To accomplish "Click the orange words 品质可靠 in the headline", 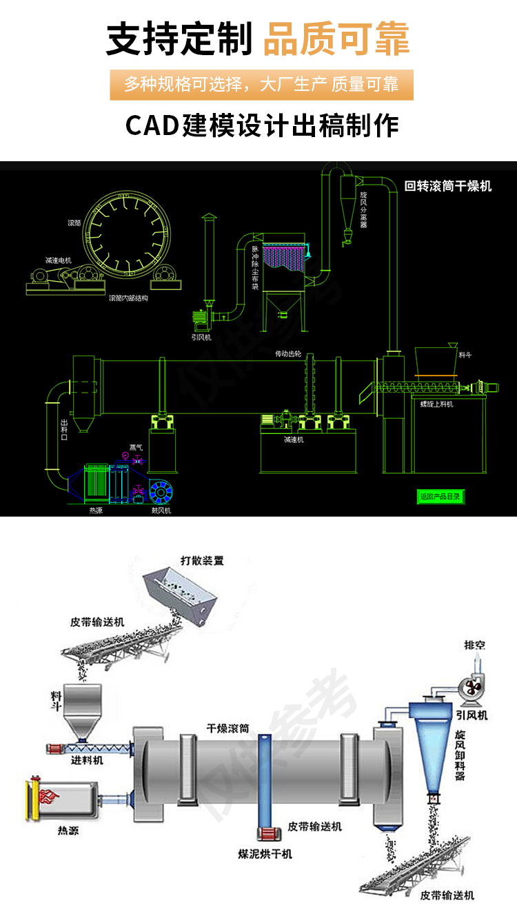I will click(x=336, y=38).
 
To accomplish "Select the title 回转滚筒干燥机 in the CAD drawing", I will click(x=448, y=186).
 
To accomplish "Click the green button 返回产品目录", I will click(x=440, y=496).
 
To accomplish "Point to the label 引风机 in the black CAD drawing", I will click(x=201, y=338).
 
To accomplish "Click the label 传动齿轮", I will click(x=288, y=353).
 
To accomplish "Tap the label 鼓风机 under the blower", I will click(x=161, y=510).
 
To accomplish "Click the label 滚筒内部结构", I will click(x=128, y=298).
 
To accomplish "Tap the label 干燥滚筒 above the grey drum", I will click(x=228, y=727).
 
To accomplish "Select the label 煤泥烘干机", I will click(x=265, y=853).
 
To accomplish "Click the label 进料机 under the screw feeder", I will click(x=87, y=760).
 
